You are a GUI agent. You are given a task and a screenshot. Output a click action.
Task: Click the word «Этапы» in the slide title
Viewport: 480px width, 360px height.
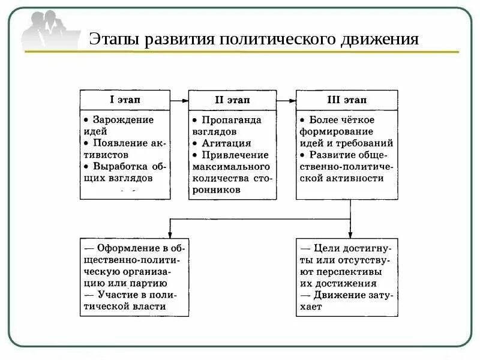click(113, 40)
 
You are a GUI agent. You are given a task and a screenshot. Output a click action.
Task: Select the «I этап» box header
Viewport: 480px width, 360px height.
click(125, 100)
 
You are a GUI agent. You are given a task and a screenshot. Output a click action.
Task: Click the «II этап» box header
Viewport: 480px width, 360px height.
click(232, 100)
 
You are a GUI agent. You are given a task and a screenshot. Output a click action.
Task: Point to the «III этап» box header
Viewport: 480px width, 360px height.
click(346, 100)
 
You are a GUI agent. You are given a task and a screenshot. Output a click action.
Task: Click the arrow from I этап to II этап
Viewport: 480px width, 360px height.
click(179, 100)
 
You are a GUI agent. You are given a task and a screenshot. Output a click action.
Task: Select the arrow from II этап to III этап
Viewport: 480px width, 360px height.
click(286, 100)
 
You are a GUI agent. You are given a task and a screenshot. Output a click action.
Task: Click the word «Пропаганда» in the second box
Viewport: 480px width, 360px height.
click(227, 120)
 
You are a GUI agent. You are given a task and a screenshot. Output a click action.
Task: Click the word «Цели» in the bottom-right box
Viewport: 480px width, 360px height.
click(325, 248)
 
